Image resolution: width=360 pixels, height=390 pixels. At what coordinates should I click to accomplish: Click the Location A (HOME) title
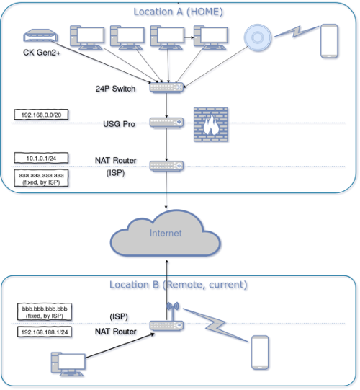(178, 12)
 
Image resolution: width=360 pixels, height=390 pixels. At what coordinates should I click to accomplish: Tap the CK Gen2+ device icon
(40, 35)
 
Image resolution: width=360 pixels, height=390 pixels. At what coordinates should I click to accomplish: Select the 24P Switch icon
(166, 87)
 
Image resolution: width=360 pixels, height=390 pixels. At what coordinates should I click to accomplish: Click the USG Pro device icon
(166, 123)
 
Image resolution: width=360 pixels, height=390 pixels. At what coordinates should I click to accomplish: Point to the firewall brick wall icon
(211, 125)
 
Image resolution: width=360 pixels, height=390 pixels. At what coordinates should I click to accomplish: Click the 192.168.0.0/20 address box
(41, 115)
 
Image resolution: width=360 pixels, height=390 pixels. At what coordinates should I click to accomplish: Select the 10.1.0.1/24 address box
(41, 158)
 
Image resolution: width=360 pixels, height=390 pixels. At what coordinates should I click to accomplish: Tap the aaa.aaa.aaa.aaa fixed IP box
(41, 178)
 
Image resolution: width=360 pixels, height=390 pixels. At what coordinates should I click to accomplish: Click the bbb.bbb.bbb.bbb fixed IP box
(45, 312)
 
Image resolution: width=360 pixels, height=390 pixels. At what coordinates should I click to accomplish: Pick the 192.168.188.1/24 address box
(45, 332)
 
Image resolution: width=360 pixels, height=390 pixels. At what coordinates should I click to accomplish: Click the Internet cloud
(166, 234)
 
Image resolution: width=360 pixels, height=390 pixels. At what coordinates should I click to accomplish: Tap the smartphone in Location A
(329, 41)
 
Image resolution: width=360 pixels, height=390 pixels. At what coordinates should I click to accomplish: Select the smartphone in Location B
(260, 353)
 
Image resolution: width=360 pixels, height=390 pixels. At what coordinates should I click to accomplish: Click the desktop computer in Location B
(68, 364)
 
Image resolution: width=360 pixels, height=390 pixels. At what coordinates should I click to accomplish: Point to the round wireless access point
(258, 37)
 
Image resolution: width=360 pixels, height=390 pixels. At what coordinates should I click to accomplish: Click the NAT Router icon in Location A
(166, 166)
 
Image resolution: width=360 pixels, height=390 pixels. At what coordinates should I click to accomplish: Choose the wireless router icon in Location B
(166, 321)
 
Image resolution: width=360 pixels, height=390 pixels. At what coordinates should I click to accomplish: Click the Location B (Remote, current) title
(179, 285)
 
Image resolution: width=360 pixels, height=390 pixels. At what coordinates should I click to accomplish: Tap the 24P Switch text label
(115, 89)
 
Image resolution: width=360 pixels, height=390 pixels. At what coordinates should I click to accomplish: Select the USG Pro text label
(120, 124)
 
